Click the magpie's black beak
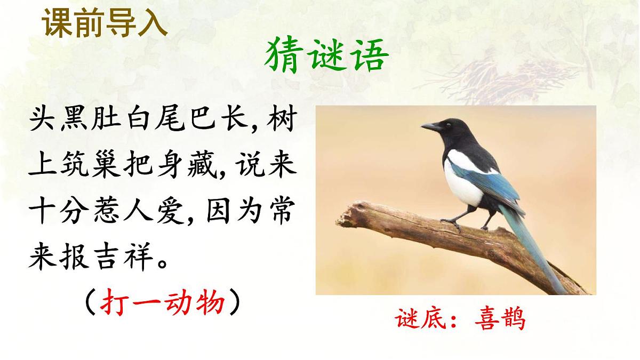430,127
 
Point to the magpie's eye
447,124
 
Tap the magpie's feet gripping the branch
453,222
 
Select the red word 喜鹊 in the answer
499,318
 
